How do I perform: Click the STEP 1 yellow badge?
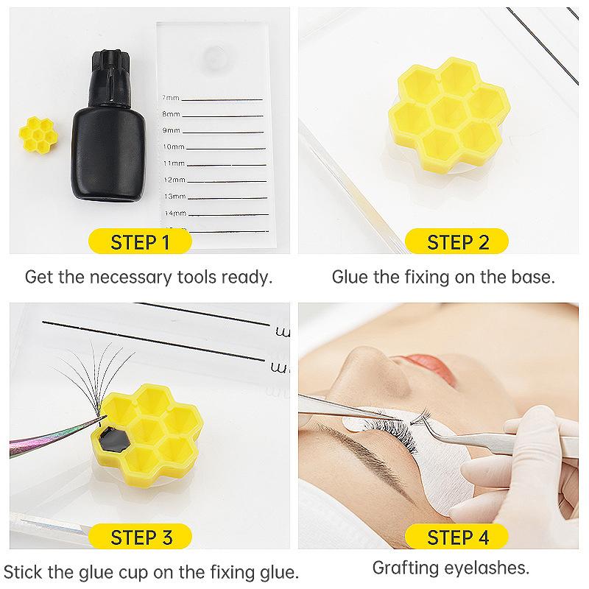144,241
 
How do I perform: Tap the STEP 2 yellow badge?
458,241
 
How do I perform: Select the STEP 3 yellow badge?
144,536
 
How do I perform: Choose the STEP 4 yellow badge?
458,536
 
